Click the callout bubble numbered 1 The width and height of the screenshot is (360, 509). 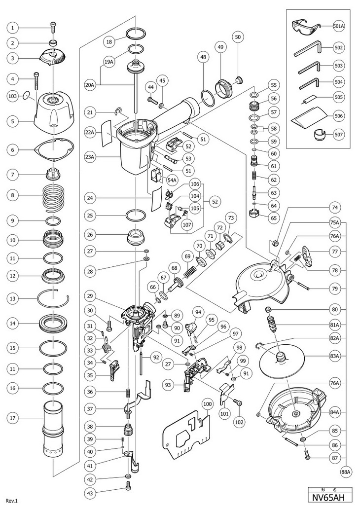tap(14, 27)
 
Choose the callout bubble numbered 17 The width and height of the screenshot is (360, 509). tap(14, 418)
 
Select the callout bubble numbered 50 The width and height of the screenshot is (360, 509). tap(238, 36)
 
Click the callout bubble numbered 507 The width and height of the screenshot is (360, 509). tap(339, 134)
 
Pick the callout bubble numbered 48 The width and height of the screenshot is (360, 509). tap(203, 58)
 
